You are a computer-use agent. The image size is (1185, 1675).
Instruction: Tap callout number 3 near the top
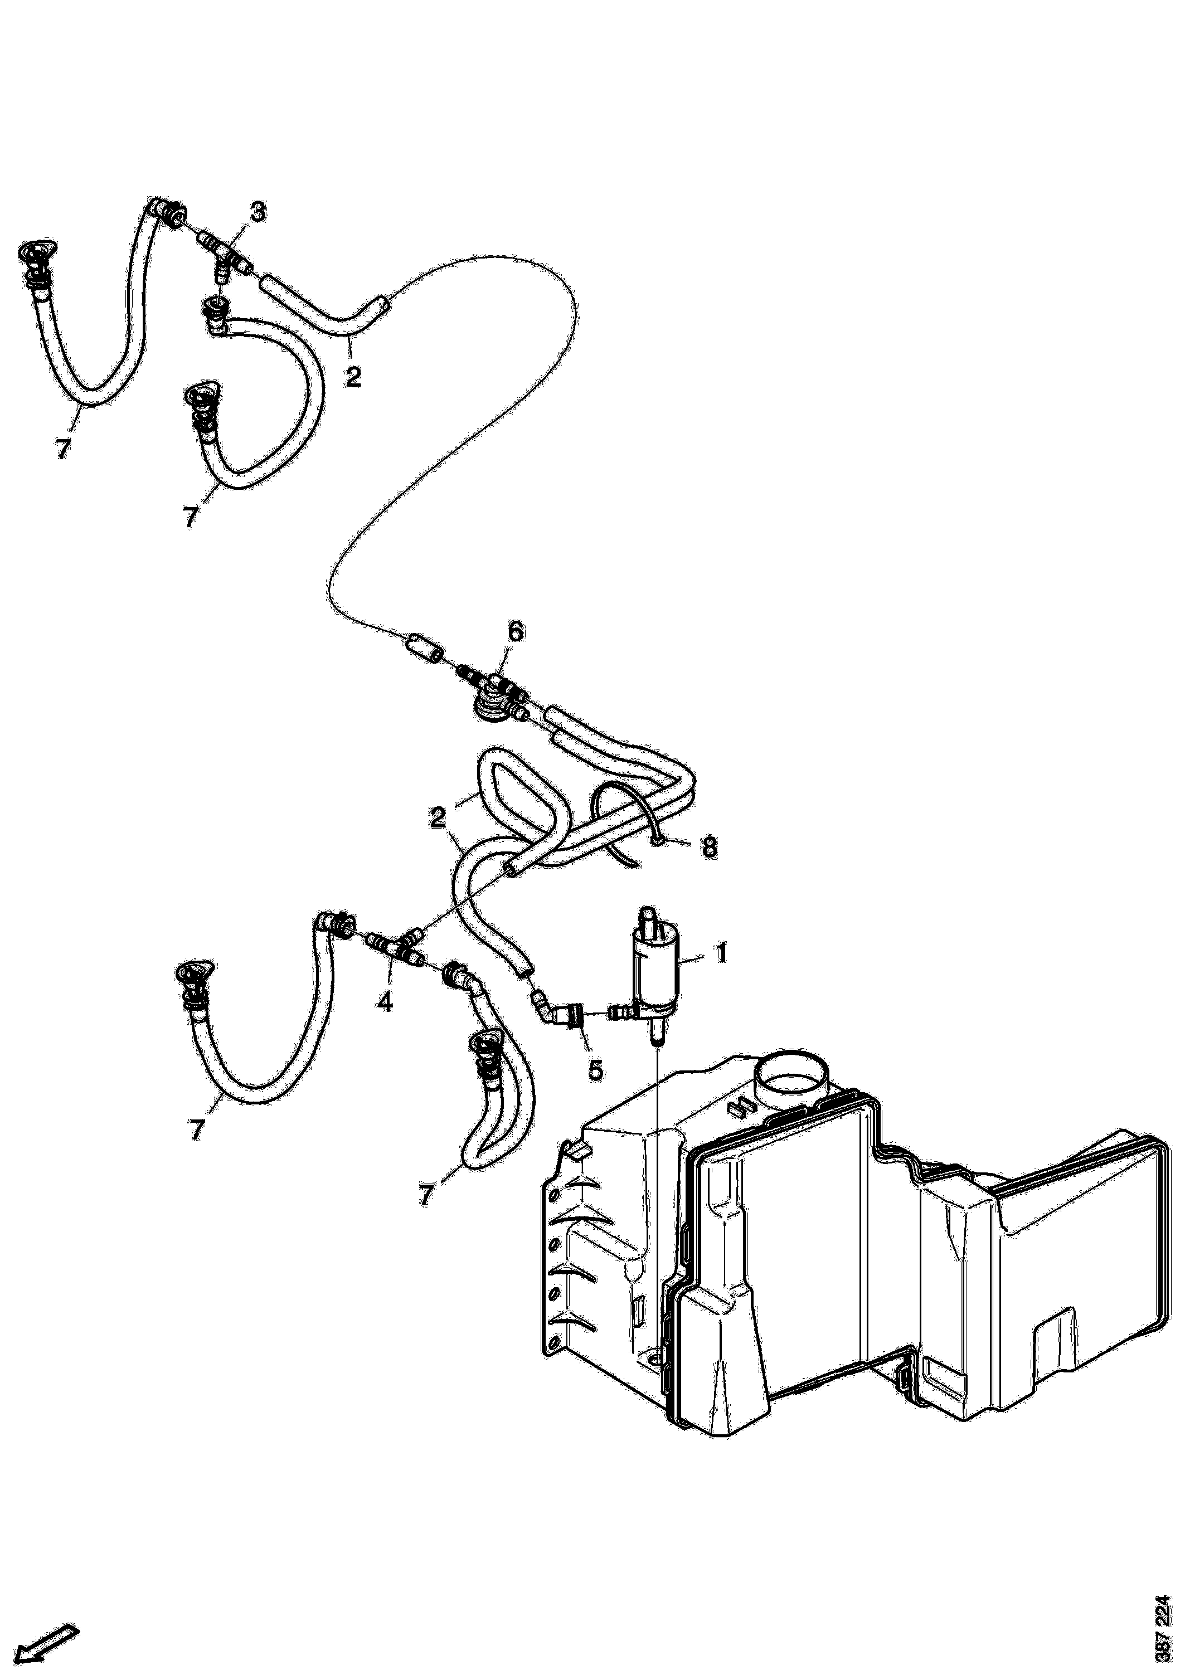(x=258, y=212)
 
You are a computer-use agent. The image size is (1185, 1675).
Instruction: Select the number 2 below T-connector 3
(x=353, y=377)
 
